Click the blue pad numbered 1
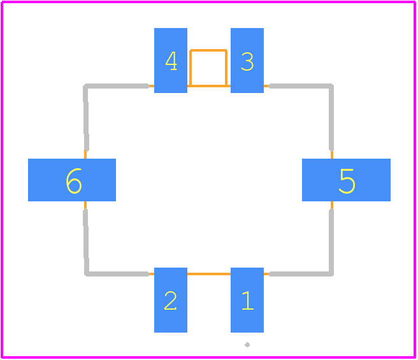click(247, 300)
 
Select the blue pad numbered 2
click(171, 300)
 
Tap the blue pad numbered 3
click(247, 61)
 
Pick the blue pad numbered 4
click(171, 61)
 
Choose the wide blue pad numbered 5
click(346, 180)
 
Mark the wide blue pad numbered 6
click(72, 180)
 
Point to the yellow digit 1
click(248, 301)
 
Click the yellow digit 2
click(170, 301)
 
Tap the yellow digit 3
click(247, 62)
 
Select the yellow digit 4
click(171, 61)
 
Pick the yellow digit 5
click(347, 181)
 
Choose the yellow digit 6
click(74, 181)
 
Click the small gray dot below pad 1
click(247, 345)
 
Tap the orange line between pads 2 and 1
click(209, 274)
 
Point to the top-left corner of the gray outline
click(85, 86)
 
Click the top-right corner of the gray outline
click(331, 86)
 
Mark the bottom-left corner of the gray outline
click(86, 273)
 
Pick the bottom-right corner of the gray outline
click(331, 273)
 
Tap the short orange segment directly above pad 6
click(85, 154)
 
